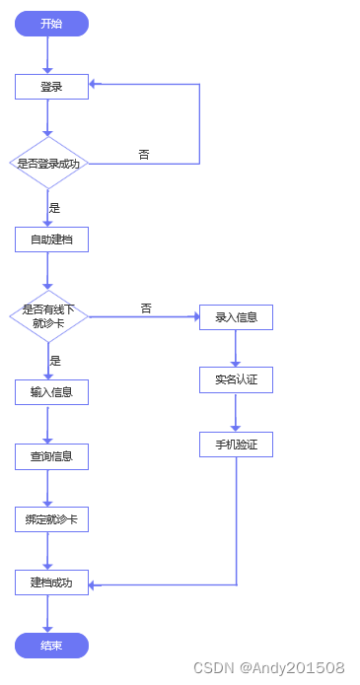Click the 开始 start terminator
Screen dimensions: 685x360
(51, 24)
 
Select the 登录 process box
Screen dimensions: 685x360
(51, 87)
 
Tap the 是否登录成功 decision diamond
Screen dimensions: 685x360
(48, 164)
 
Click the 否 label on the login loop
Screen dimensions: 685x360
(144, 155)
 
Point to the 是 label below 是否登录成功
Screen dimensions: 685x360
(55, 208)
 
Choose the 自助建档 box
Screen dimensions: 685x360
(51, 240)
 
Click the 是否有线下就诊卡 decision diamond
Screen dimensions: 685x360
(48, 315)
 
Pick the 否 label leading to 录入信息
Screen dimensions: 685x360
(146, 308)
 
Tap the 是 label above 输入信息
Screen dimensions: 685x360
(55, 361)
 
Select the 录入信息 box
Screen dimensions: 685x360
(236, 316)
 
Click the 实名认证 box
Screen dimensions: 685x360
(236, 379)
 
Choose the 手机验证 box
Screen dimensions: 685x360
(236, 445)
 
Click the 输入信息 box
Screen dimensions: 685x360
(51, 392)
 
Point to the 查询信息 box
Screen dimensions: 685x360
(51, 456)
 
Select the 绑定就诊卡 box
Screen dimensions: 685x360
(51, 519)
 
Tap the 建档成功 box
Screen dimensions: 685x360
(51, 582)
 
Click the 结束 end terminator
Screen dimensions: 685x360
(51, 646)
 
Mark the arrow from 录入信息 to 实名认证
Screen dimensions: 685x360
(236, 348)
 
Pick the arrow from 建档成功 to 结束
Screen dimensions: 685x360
(47, 614)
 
